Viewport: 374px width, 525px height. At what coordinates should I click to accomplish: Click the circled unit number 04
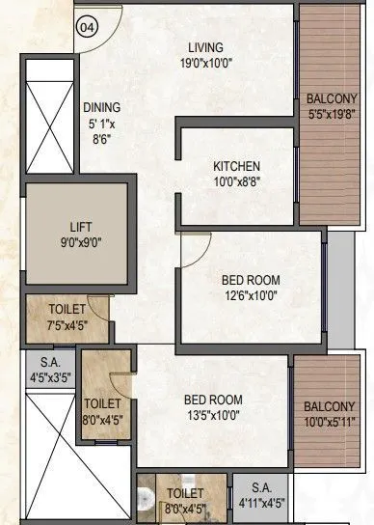coord(89,27)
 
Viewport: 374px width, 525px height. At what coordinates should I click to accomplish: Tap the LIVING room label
coord(206,47)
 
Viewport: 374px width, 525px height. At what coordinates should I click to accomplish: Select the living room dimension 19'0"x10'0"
coord(205,63)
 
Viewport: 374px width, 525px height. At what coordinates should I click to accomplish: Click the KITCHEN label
coord(236,166)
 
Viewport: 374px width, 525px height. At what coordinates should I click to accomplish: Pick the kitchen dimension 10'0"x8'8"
coord(236,180)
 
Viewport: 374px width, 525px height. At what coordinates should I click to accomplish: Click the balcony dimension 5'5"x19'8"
coord(331,113)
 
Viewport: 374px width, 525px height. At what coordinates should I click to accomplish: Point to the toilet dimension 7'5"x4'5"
coord(65,324)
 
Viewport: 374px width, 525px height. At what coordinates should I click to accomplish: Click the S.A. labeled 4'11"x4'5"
coord(260,502)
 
